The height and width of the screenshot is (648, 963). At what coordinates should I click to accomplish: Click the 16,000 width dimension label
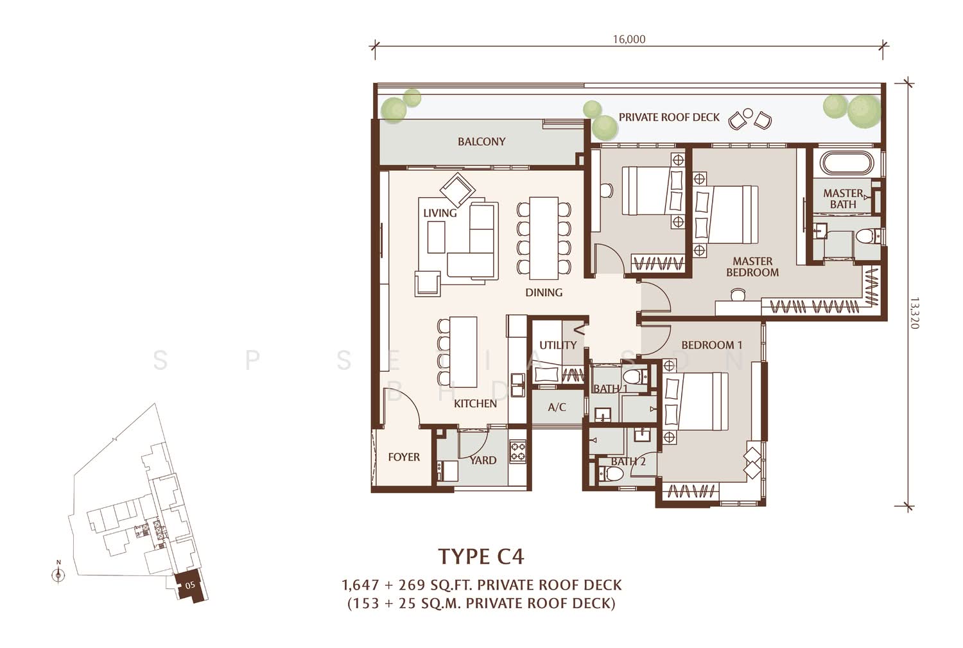[629, 40]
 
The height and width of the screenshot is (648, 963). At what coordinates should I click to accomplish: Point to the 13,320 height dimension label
[914, 313]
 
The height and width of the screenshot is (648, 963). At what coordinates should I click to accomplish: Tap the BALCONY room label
[481, 141]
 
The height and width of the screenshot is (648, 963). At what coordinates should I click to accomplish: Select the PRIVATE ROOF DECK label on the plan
[669, 118]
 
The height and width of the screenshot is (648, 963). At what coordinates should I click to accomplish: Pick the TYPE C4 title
[481, 556]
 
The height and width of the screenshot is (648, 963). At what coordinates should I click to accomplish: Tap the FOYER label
[404, 457]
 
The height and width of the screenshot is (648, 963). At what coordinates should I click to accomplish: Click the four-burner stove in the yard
[517, 451]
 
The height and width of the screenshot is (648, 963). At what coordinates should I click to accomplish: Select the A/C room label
[557, 407]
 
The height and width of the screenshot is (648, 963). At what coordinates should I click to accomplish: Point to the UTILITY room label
[558, 345]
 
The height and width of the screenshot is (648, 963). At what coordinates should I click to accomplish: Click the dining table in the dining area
[544, 238]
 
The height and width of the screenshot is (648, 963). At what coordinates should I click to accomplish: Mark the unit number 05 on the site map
[190, 585]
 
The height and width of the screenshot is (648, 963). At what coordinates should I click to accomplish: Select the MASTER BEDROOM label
[752, 267]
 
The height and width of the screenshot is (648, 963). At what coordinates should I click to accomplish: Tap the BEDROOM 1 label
[711, 345]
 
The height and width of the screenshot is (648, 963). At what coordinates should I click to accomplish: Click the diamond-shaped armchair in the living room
[457, 189]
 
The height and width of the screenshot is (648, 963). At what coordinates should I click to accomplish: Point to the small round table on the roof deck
[748, 113]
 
